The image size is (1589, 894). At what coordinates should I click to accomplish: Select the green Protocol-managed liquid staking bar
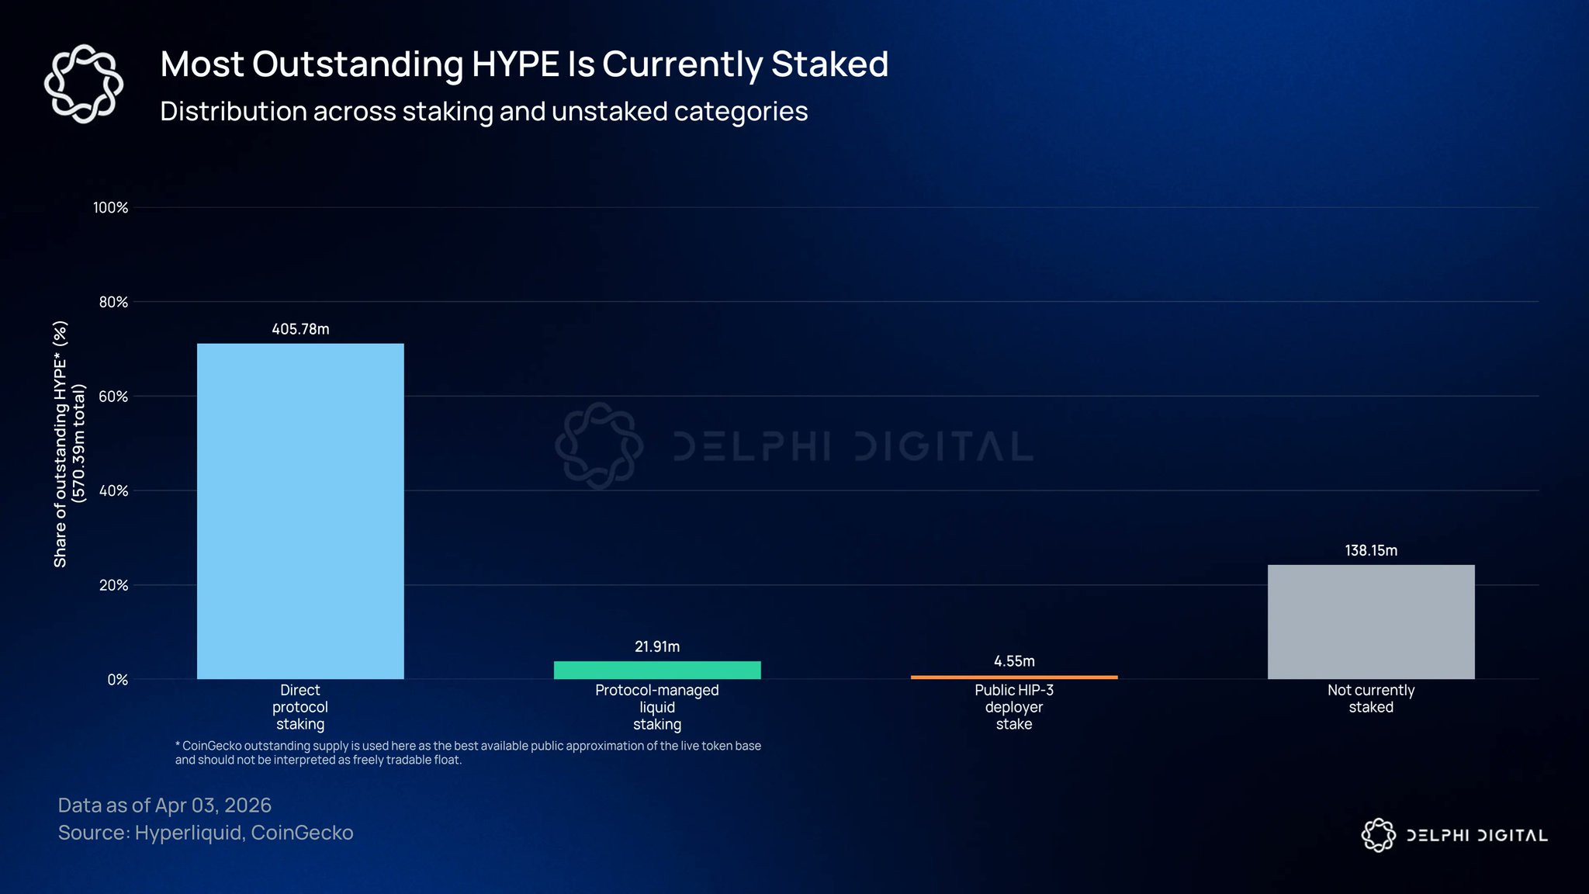(x=657, y=670)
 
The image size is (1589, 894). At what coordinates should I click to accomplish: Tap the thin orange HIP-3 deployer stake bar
(x=1014, y=677)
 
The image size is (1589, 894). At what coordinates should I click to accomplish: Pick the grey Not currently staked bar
(x=1371, y=622)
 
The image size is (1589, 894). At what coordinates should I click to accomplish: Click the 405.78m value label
(x=300, y=329)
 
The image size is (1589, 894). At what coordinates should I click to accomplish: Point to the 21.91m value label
(x=657, y=646)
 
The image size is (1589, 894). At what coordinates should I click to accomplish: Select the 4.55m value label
(x=1014, y=661)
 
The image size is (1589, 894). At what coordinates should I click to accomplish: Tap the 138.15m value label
(x=1371, y=550)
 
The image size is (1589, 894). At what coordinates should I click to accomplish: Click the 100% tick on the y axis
(x=110, y=207)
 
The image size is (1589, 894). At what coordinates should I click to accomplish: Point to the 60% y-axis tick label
(x=113, y=397)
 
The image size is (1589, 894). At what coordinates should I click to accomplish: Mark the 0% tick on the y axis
(x=117, y=680)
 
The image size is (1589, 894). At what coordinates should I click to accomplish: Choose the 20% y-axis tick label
(x=113, y=585)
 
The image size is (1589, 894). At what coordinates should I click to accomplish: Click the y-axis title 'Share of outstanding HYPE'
(x=61, y=444)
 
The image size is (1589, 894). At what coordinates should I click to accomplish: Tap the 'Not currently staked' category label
(x=1371, y=698)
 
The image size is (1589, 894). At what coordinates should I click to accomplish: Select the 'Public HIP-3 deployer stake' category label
(x=1014, y=707)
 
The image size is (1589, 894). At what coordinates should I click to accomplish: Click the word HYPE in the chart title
(x=515, y=64)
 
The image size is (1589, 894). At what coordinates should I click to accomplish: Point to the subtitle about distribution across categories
(x=483, y=112)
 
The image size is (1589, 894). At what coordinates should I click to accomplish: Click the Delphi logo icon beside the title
(x=84, y=84)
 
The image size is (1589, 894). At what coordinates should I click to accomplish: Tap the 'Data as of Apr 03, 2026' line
(x=164, y=806)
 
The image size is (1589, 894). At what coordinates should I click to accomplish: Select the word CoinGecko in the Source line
(x=302, y=833)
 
